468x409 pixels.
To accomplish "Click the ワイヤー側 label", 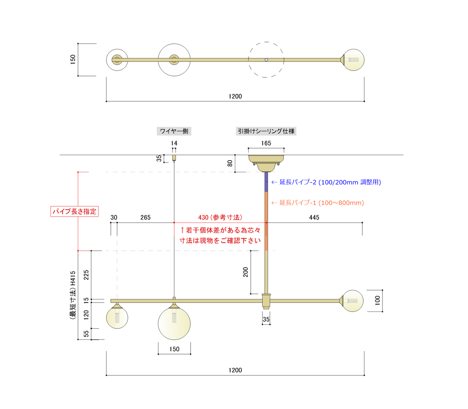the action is [174, 131].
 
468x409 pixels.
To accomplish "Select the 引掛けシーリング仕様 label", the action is [266, 131].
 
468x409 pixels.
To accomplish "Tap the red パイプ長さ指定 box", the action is [74, 211].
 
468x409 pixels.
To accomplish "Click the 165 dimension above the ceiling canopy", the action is [266, 143].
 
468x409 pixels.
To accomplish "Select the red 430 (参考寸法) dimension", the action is [220, 217].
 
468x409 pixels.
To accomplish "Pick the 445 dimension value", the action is [314, 217].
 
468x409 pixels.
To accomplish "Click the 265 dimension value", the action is [146, 217].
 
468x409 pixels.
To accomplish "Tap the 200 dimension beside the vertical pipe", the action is [246, 272].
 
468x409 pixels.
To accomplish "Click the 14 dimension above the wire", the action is [174, 143].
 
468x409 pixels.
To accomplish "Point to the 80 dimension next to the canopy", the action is [230, 163].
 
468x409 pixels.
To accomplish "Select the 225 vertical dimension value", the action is [86, 275].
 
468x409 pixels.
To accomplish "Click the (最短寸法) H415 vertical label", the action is [73, 295].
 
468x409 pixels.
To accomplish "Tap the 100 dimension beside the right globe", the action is [377, 300].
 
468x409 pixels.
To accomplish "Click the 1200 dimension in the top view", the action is [235, 97].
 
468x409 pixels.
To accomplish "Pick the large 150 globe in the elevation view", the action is [174, 324].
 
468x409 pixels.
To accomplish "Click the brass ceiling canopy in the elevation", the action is [266, 163].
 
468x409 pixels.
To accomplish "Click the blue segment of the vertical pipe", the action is [266, 182].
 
